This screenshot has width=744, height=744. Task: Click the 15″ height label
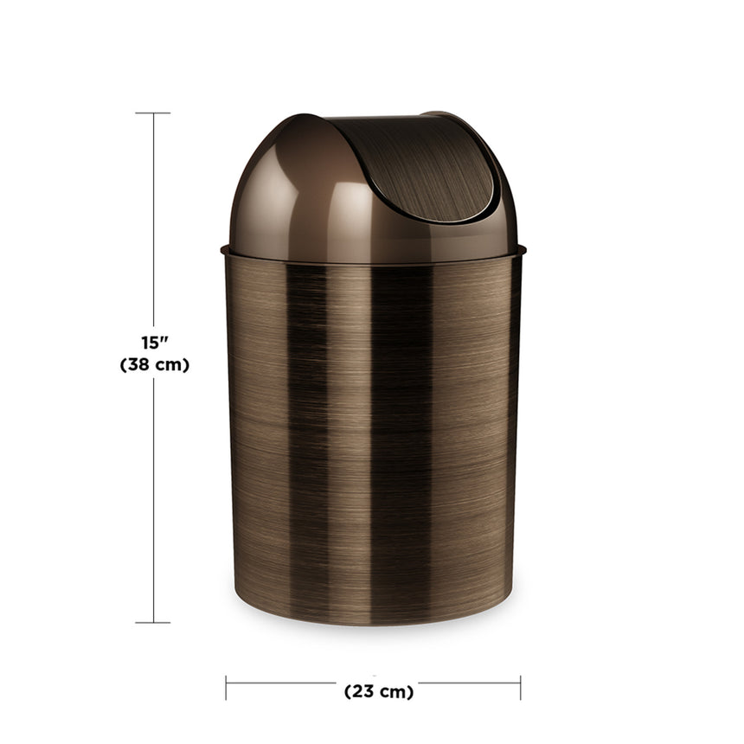154,343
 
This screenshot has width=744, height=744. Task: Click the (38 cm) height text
154,365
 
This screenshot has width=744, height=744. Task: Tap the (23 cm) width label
379,691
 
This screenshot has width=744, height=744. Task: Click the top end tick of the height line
153,113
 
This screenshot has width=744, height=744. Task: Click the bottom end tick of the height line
153,622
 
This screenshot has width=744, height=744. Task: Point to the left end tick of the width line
227,688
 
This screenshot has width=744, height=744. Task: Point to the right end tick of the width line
520,688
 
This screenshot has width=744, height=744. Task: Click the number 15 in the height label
150,343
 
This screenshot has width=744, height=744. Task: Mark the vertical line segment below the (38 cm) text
154,502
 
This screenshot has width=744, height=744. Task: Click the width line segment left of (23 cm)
281,683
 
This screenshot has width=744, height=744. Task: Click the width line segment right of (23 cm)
471,683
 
